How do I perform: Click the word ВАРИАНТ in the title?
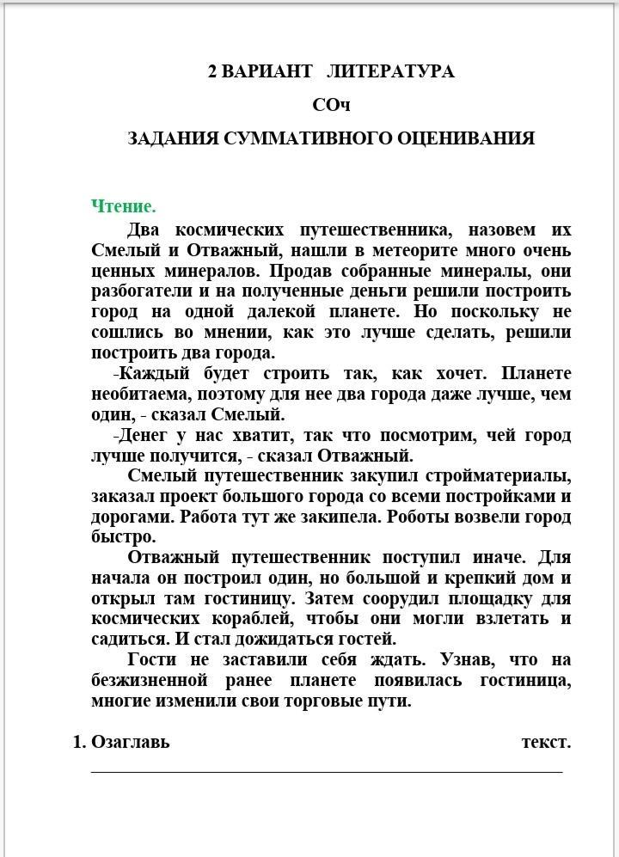pyautogui.click(x=267, y=71)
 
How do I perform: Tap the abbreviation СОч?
pyautogui.click(x=331, y=105)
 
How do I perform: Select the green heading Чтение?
pyautogui.click(x=124, y=206)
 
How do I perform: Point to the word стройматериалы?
pyautogui.click(x=502, y=475)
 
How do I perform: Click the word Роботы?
pyautogui.click(x=427, y=517)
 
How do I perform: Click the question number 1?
pyautogui.click(x=78, y=742)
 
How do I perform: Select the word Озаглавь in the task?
pyautogui.click(x=131, y=742)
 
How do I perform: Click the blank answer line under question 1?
pyautogui.click(x=327, y=771)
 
